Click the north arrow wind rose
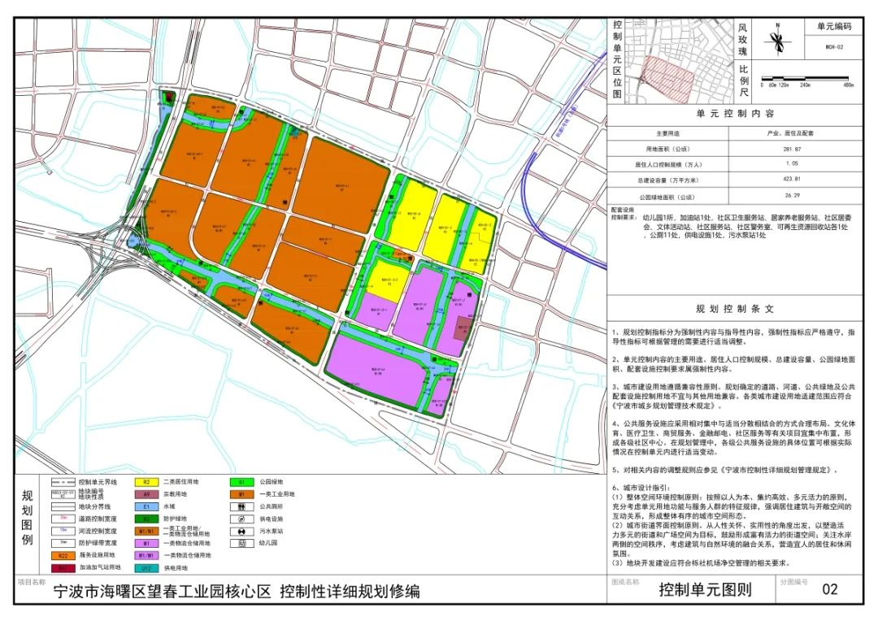(778, 41)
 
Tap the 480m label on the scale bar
(848, 85)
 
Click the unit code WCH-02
(834, 47)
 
